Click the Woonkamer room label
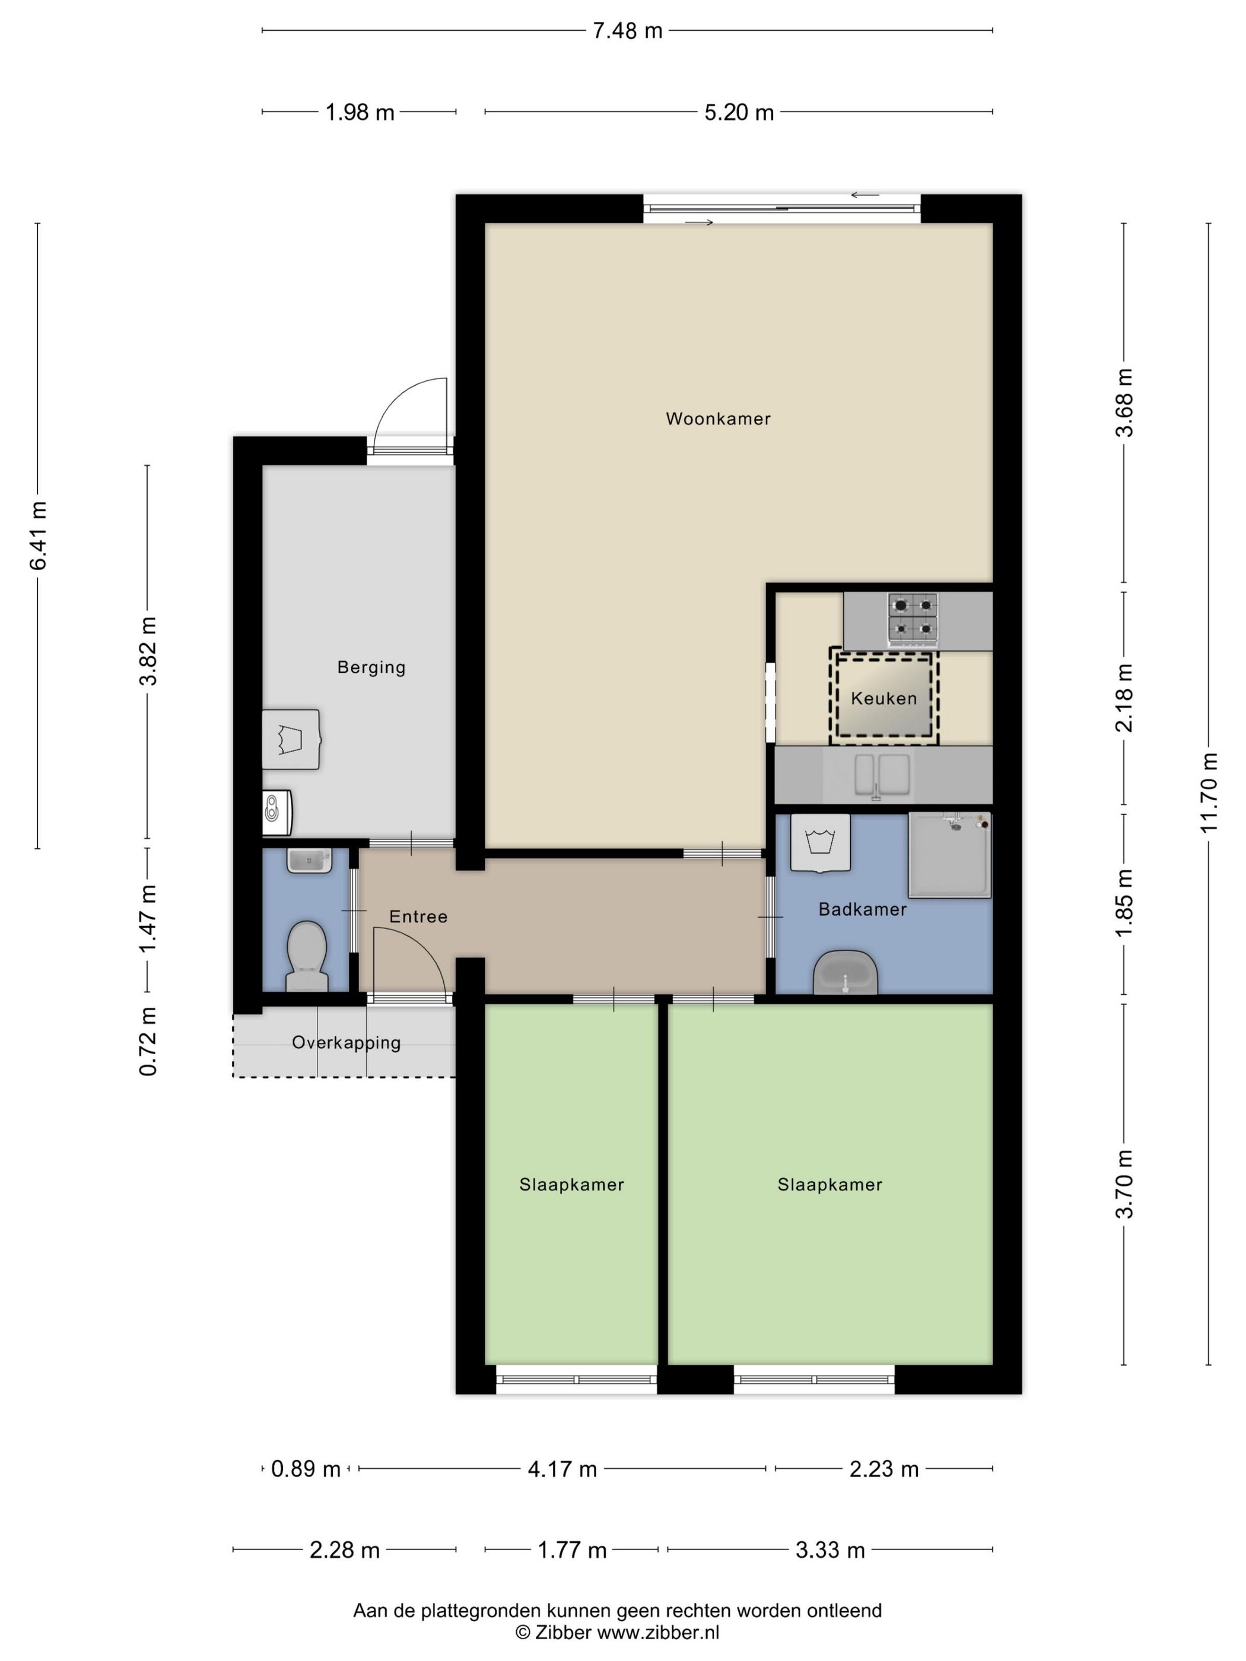click(718, 419)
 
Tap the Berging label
click(371, 667)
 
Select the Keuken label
click(883, 698)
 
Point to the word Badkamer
click(862, 909)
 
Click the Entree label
click(418, 917)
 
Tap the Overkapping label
click(347, 1043)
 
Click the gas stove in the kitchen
click(913, 621)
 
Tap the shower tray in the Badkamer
click(949, 855)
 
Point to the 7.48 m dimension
click(627, 31)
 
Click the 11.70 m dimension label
click(1209, 792)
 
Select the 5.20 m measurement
click(739, 113)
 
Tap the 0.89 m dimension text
click(306, 1469)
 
